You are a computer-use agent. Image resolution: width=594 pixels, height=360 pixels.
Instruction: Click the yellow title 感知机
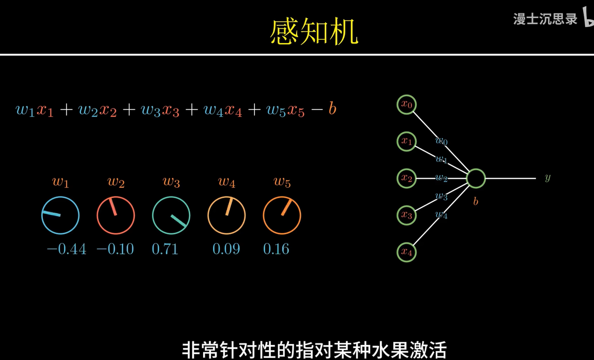point(314,33)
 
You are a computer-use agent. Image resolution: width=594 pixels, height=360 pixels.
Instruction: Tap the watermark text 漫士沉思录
point(545,19)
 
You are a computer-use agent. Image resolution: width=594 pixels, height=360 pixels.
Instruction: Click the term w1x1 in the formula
point(35,110)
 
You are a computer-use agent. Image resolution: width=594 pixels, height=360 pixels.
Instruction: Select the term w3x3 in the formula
point(160,110)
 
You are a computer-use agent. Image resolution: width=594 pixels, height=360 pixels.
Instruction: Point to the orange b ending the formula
point(332,109)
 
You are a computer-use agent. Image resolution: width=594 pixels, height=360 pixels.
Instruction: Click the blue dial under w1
point(60,215)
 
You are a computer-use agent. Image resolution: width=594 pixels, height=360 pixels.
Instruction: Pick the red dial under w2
point(116,215)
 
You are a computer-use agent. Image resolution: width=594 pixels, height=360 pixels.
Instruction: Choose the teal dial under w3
point(171,215)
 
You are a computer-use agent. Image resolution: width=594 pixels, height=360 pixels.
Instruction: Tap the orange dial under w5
point(282,215)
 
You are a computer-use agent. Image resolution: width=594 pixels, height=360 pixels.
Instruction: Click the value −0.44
point(66,249)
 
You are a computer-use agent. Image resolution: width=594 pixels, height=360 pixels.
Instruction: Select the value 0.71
point(165,249)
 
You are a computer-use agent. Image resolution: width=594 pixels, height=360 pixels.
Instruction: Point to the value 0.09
point(226,249)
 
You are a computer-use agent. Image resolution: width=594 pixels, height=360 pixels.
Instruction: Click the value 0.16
point(276,249)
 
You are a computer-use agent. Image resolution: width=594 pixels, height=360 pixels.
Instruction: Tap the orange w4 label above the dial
point(226,182)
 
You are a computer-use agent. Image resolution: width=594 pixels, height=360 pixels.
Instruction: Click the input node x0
point(407,105)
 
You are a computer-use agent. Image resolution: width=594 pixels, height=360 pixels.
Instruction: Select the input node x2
point(407,178)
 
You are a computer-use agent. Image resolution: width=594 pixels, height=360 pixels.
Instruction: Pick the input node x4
point(407,252)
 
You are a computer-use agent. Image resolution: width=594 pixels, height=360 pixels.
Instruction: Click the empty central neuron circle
point(476,178)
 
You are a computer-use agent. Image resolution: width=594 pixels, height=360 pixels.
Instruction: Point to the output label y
point(547,178)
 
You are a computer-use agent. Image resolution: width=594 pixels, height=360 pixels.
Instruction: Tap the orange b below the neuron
point(476,201)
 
